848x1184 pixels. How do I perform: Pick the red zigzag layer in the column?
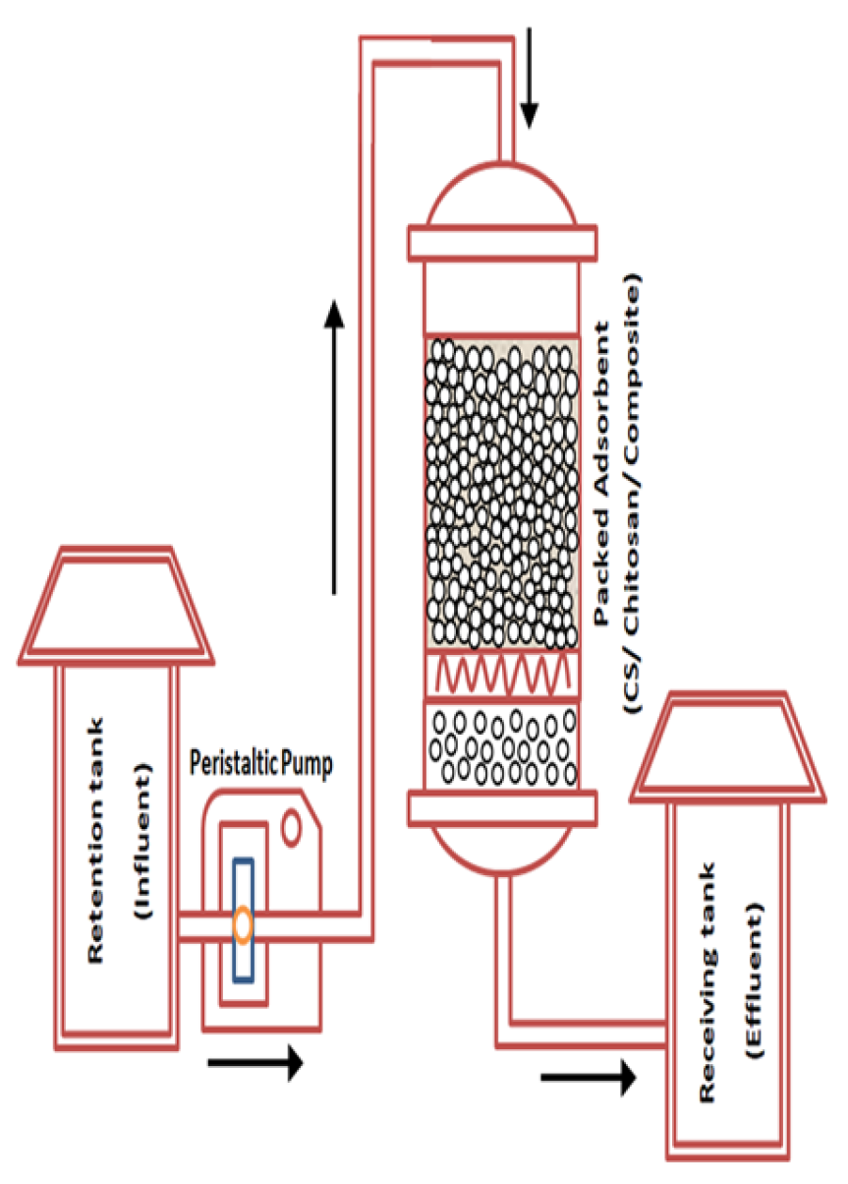point(502,675)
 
